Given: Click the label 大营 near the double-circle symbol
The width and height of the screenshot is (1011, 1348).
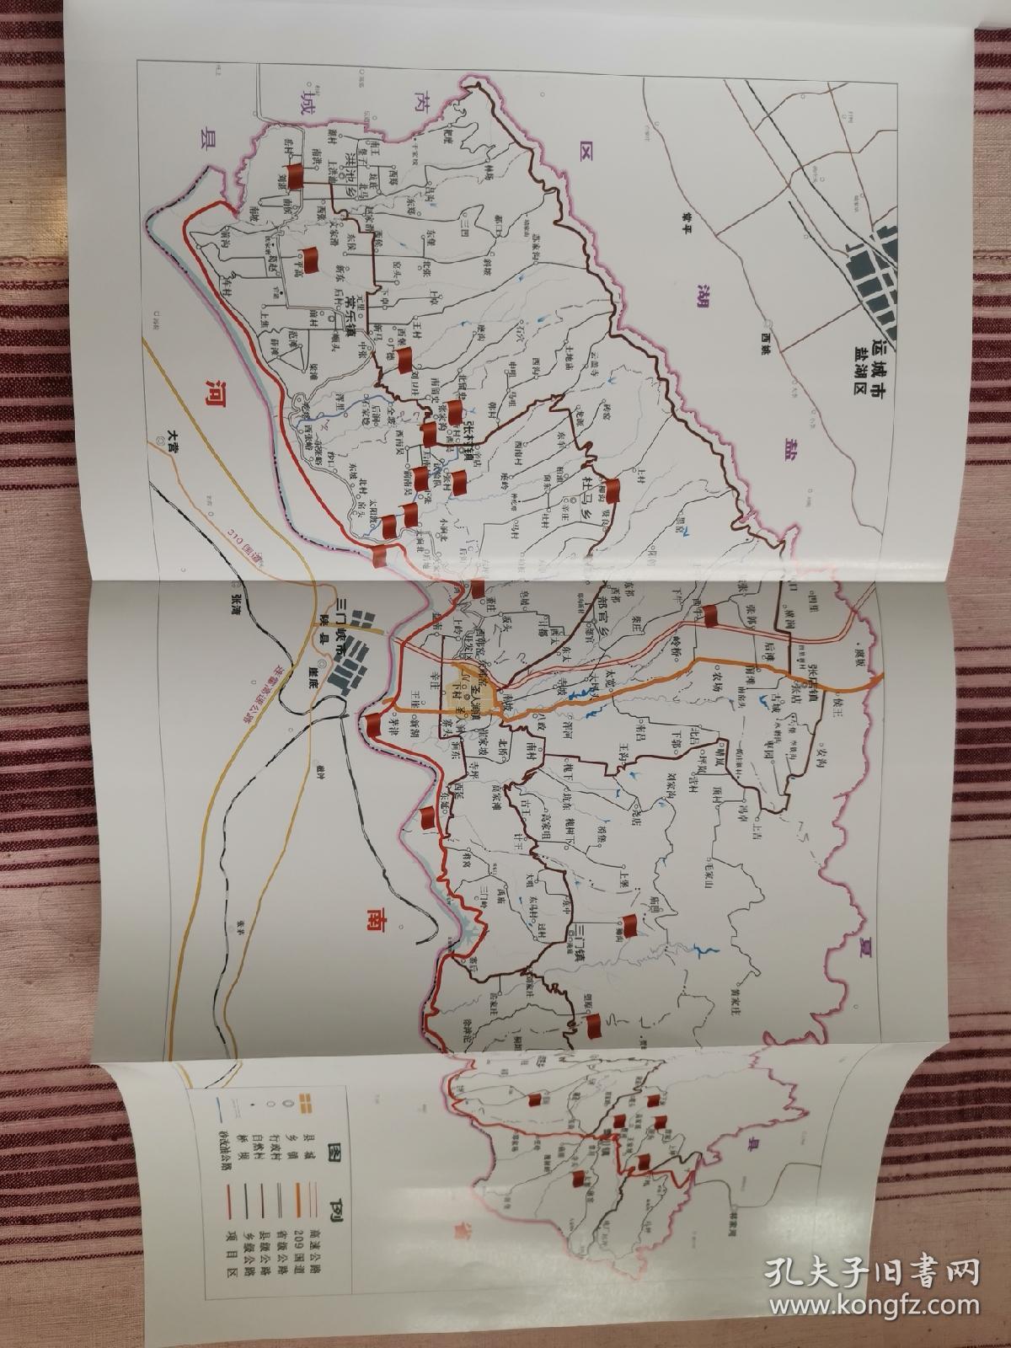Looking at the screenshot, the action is coord(169,436).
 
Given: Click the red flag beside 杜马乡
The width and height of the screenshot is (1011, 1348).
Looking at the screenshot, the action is coord(613,488).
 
